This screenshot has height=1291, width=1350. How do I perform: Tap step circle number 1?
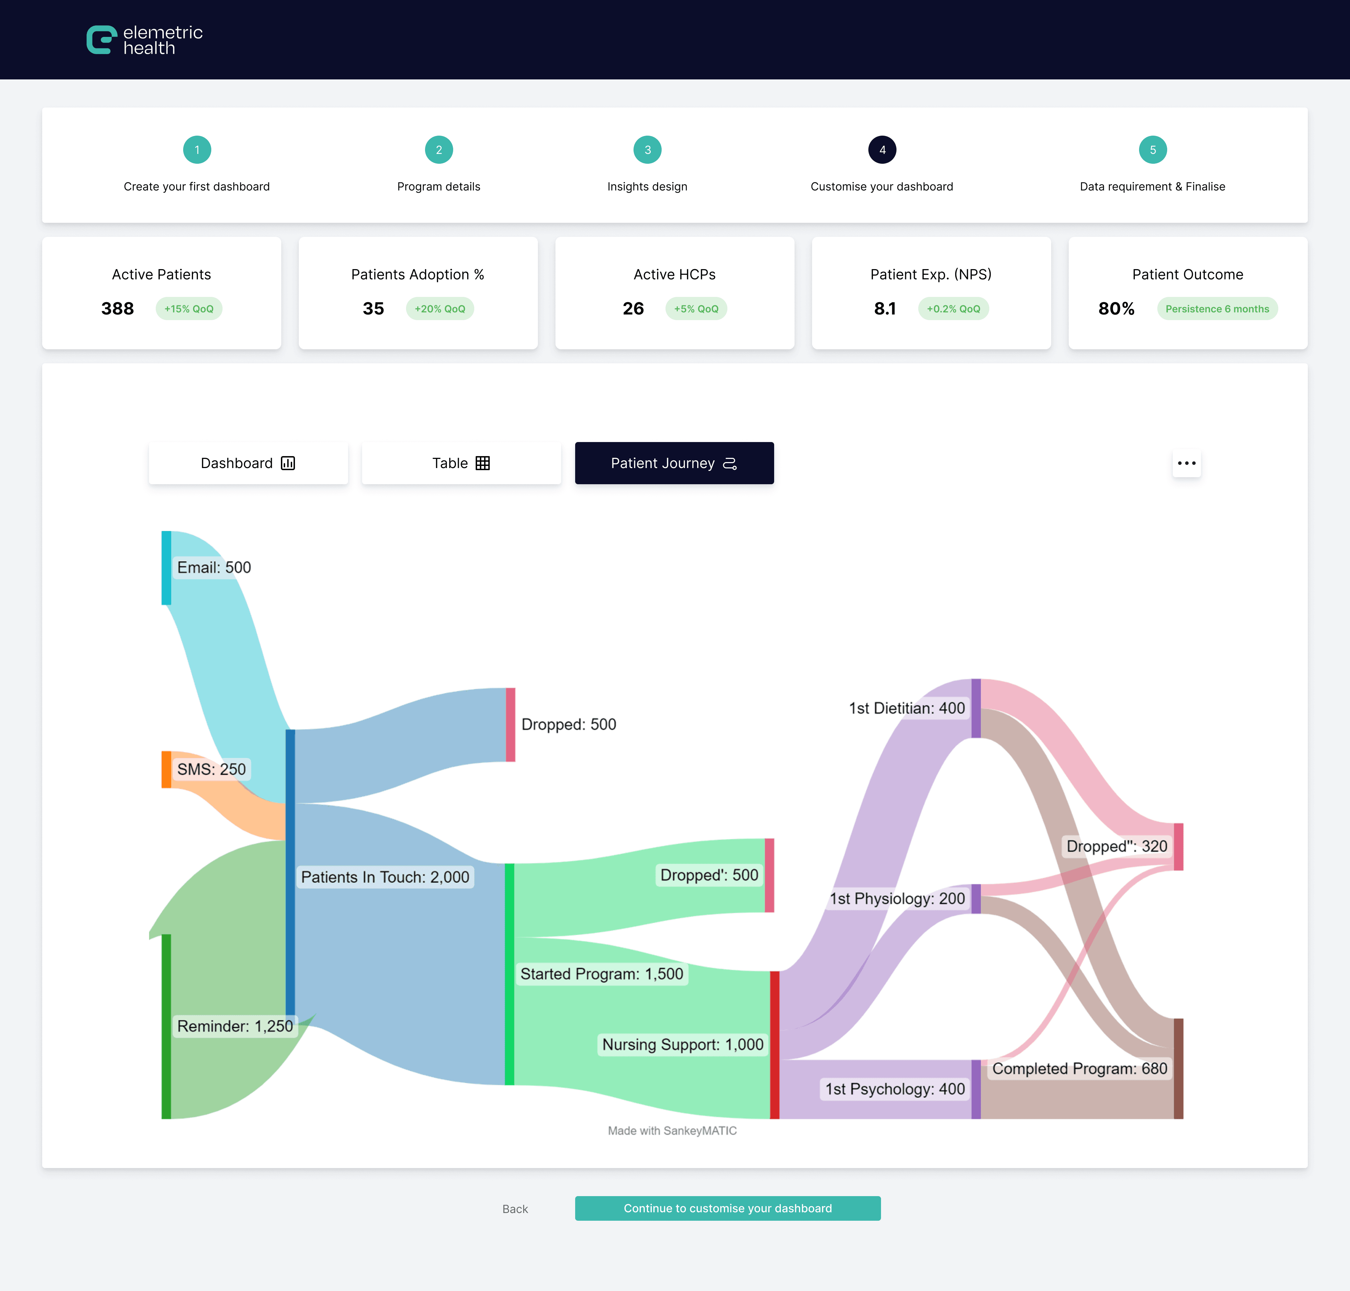point(197,150)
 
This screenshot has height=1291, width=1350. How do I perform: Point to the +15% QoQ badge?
point(189,309)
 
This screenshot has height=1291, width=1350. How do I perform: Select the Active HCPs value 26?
point(633,309)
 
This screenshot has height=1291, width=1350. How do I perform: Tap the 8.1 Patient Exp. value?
point(885,309)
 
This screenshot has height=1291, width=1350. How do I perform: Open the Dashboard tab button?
point(248,463)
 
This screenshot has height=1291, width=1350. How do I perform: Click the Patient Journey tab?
point(674,463)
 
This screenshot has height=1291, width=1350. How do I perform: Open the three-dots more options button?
point(1186,463)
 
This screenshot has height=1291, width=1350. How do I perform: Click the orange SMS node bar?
point(166,770)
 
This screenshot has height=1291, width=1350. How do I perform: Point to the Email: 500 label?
point(214,568)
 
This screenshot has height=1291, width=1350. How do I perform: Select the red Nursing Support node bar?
point(774,1045)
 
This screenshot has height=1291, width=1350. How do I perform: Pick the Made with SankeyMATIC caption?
point(672,1131)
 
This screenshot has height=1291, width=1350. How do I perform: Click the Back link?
point(515,1209)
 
